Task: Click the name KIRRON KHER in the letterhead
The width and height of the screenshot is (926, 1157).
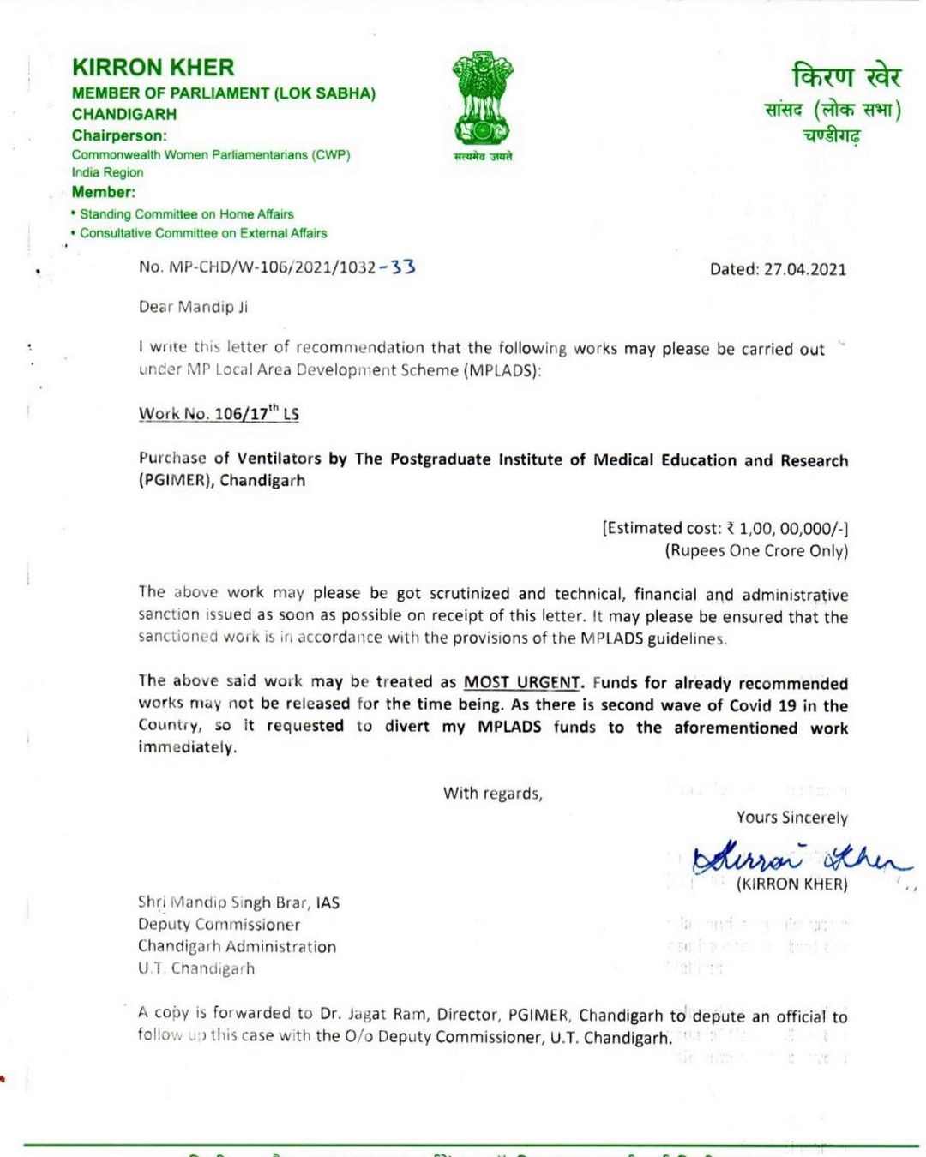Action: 153,68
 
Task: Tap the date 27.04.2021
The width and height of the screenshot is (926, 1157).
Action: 804,269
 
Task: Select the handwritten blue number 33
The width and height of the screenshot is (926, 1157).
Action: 402,267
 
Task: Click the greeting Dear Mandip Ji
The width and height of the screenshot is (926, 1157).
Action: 194,307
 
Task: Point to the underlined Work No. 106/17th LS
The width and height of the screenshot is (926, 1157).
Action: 219,414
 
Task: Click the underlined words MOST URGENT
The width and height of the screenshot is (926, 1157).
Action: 522,682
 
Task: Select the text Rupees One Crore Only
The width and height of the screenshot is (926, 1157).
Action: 756,550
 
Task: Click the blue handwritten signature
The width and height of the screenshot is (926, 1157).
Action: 797,856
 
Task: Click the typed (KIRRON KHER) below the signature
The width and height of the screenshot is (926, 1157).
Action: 791,884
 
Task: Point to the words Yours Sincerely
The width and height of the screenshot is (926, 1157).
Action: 791,818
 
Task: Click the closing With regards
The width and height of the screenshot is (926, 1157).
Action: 492,794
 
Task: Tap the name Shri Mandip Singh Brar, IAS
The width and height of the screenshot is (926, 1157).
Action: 238,902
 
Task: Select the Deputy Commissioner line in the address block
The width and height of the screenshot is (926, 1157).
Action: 219,925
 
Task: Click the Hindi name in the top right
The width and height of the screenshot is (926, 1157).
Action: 846,77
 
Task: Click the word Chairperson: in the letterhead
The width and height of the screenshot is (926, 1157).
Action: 119,135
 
